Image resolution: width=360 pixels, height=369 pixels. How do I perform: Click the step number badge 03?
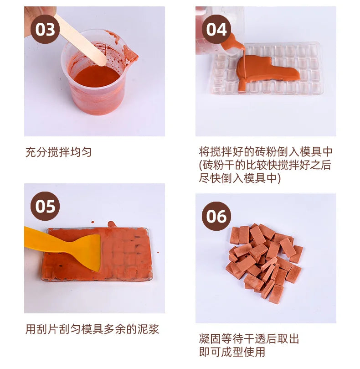45,29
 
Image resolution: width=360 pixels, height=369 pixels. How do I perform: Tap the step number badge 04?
216,29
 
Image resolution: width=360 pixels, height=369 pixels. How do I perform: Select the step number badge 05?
45,206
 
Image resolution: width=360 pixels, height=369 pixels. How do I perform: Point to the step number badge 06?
216,216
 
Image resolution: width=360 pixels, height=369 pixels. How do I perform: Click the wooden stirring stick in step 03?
80,39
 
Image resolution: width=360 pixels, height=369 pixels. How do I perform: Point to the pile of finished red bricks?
264,264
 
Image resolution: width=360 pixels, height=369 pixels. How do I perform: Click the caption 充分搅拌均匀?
58,152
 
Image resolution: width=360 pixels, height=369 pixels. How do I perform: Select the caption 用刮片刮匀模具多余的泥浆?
92,329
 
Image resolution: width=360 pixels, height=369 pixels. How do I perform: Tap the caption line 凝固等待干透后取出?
249,339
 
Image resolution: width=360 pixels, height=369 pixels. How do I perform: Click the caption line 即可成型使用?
232,352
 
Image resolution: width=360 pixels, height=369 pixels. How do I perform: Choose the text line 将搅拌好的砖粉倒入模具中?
266,152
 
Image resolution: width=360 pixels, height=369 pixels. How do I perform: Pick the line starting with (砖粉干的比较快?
265,165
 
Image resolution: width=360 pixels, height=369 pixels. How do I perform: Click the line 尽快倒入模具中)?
240,178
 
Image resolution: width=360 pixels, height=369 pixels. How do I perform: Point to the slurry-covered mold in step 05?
97,254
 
